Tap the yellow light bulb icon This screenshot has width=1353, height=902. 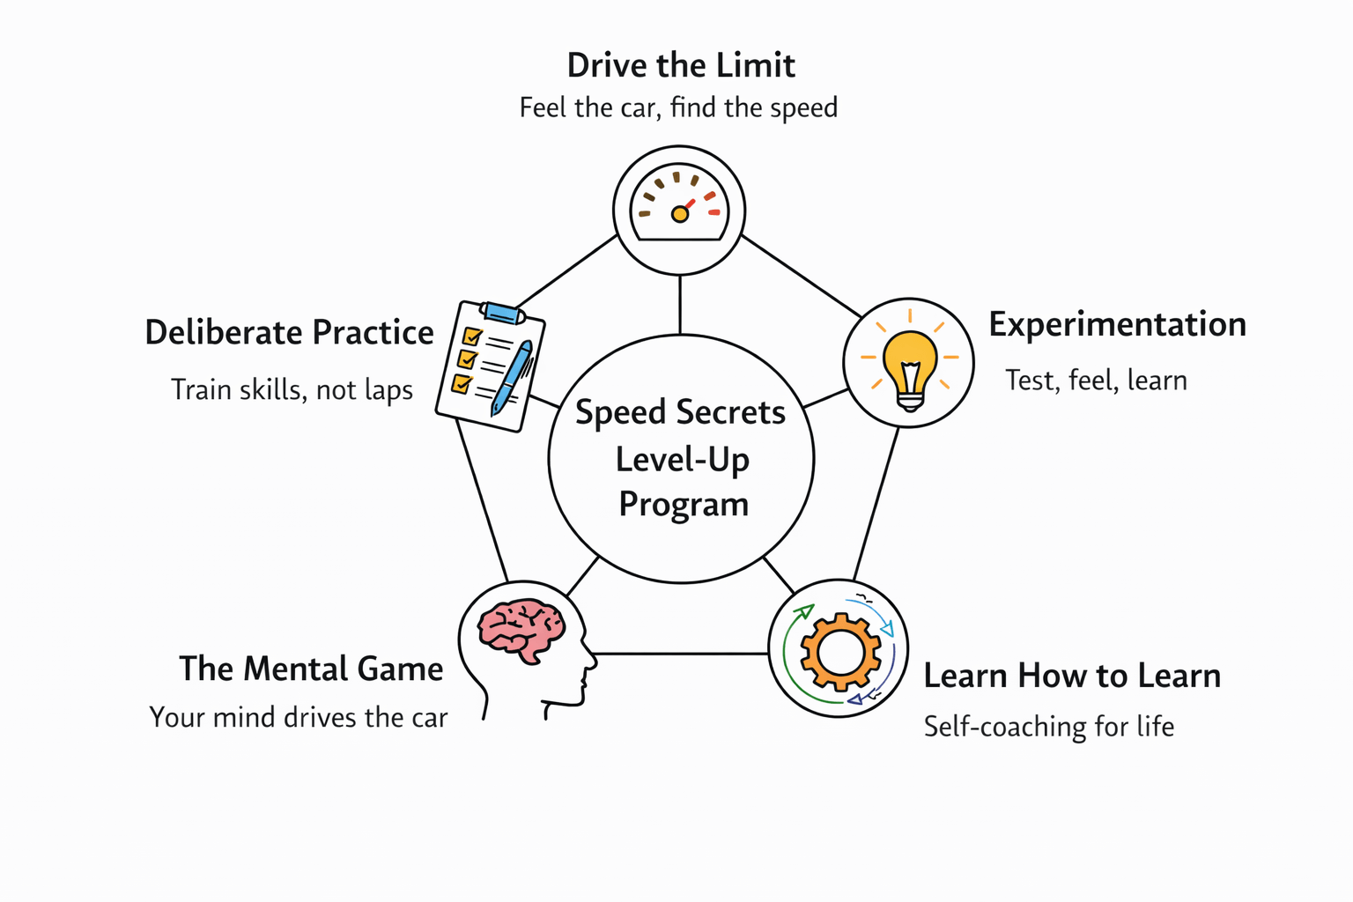pos(909,363)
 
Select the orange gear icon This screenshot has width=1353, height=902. pos(839,651)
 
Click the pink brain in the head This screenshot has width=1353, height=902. pos(521,629)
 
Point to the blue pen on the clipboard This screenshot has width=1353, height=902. pos(511,377)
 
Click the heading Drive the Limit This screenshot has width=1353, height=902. pos(681,65)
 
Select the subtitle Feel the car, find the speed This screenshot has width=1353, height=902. pos(678,107)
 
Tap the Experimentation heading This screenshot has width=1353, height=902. pos(1117,324)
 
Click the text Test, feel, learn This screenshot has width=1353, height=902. pos(1096,380)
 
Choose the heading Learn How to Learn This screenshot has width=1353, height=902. pos(1072,676)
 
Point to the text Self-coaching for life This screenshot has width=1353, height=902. pos(1048,727)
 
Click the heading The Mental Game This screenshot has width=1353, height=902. pos(311,669)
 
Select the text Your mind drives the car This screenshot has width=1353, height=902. pos(299,717)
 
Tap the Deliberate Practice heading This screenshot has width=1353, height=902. pos(289,332)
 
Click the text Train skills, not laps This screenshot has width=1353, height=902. pos(292,389)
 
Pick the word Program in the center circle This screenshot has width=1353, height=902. pos(684,505)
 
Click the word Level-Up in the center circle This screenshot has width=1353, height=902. pos(682,460)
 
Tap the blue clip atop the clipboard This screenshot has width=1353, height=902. pos(503,312)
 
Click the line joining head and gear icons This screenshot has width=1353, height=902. pos(682,654)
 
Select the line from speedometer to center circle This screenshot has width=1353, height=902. pos(680,305)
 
